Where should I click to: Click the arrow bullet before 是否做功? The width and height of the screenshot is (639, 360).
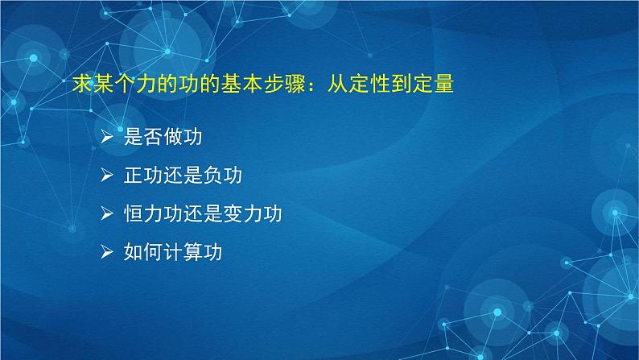(108, 137)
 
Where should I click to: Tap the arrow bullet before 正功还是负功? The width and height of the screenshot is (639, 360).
(108, 176)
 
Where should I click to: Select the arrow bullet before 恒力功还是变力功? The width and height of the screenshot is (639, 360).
(108, 214)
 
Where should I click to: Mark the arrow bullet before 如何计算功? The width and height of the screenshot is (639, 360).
(108, 253)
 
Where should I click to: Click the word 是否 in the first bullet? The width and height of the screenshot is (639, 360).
(143, 137)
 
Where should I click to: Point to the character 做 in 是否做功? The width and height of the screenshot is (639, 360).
(172, 137)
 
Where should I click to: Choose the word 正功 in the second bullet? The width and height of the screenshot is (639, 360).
(143, 176)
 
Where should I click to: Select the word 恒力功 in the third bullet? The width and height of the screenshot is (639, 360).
(153, 214)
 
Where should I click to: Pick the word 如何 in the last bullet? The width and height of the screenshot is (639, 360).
(143, 253)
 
